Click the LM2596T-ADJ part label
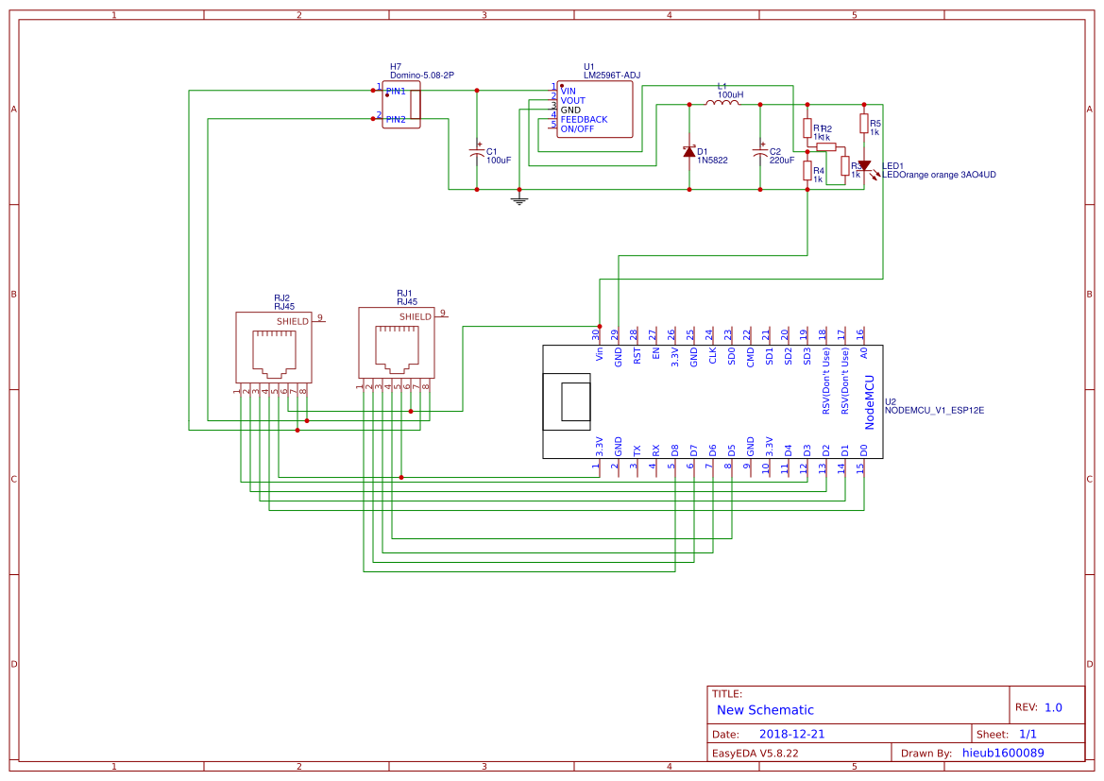point(612,76)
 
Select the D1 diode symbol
point(688,151)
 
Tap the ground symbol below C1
point(518,199)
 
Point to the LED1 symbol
point(863,165)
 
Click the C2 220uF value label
point(782,161)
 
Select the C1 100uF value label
point(499,161)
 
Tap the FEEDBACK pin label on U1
point(584,120)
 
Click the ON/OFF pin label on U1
point(578,129)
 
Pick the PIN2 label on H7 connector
point(396,120)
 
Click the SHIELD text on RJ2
point(292,322)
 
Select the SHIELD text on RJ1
point(415,317)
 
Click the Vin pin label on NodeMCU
point(599,354)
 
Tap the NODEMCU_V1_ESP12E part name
point(934,411)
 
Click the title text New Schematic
point(765,710)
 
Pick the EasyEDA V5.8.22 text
point(756,753)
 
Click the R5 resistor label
point(875,124)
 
